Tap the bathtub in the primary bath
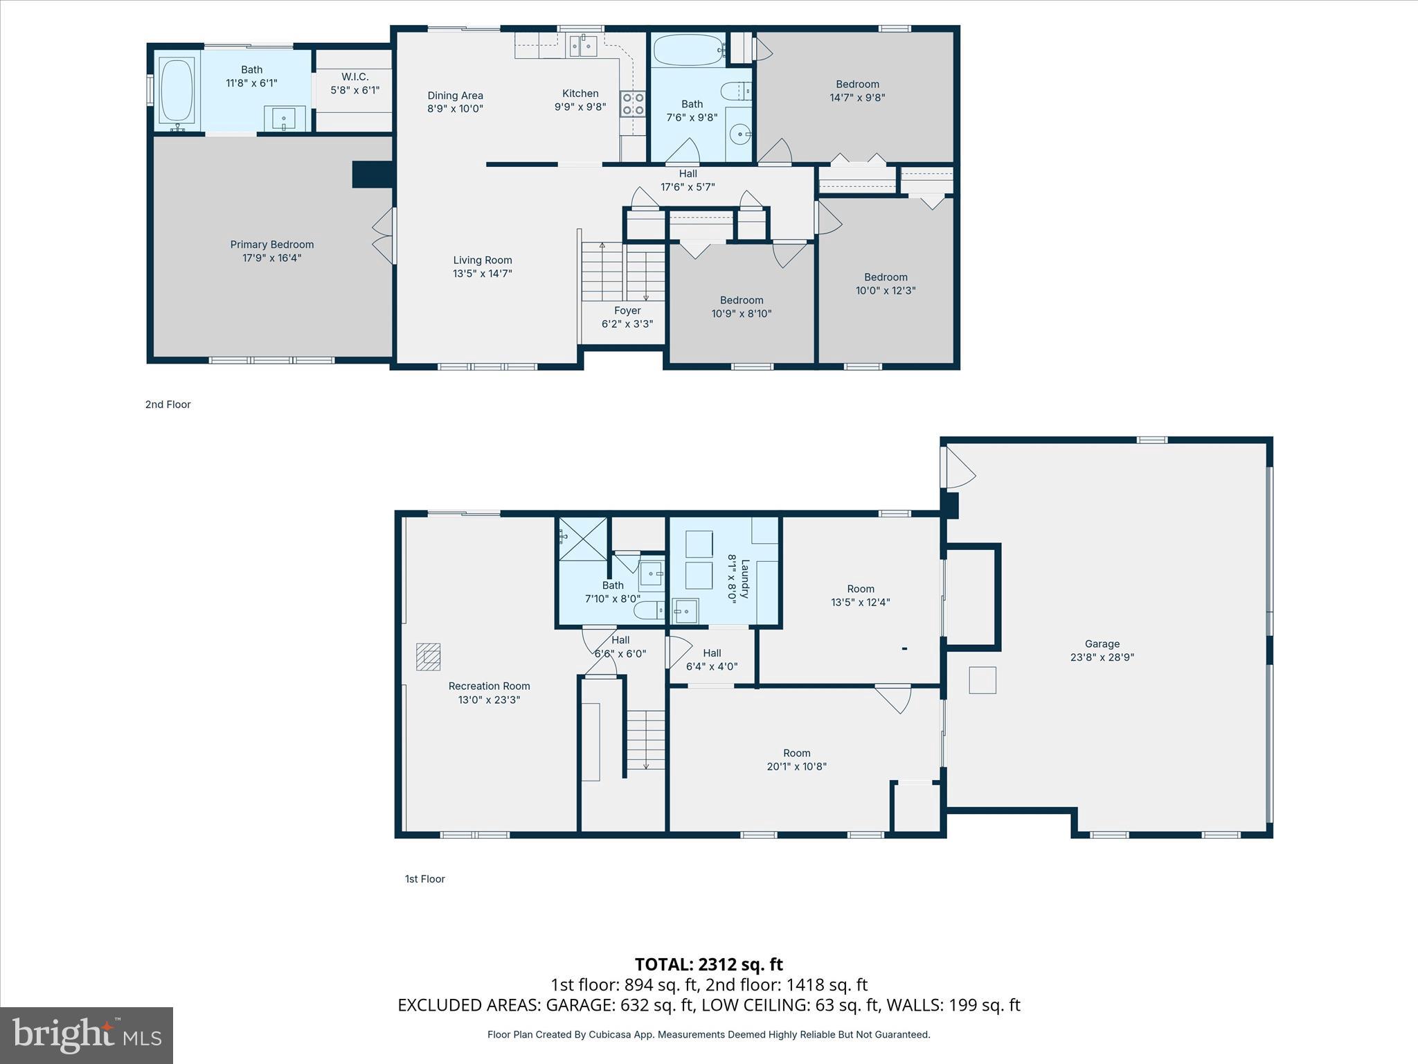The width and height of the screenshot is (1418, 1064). (x=177, y=91)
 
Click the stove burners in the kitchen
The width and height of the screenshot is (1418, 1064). (x=632, y=104)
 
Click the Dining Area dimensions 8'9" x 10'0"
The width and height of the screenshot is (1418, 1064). (x=455, y=109)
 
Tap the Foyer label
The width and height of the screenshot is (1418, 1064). (x=627, y=310)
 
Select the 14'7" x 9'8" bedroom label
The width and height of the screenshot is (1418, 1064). (x=857, y=91)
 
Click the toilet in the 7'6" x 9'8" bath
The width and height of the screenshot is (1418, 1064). (x=735, y=91)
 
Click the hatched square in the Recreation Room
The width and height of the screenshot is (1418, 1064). (x=428, y=657)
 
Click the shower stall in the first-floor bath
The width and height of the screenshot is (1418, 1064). (x=582, y=538)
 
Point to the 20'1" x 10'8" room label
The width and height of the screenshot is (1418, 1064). (x=796, y=759)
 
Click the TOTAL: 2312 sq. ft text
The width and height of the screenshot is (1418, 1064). (x=708, y=964)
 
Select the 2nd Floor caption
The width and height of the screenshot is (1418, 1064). (x=168, y=405)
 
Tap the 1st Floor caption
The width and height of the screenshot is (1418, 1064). (x=424, y=879)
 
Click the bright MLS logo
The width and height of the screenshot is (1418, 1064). (x=87, y=1035)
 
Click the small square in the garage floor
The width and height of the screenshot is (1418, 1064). (x=982, y=680)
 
